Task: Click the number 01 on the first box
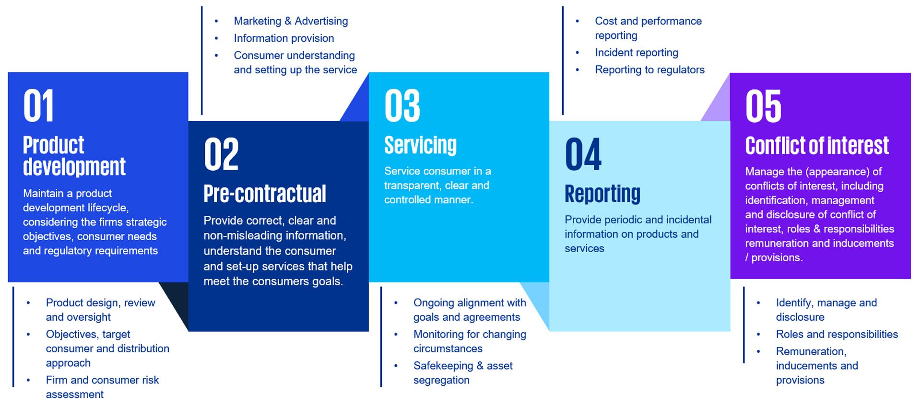click(38, 106)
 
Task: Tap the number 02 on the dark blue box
click(221, 154)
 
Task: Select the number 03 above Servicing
click(402, 106)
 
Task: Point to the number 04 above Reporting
click(583, 154)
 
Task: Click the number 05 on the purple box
click(763, 106)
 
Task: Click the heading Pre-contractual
click(265, 194)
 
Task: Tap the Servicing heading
click(420, 145)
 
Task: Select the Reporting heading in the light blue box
click(602, 194)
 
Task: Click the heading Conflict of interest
click(817, 146)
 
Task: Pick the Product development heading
click(74, 156)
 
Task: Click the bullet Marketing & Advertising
click(291, 21)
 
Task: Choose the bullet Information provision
click(283, 38)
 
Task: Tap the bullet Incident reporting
click(636, 53)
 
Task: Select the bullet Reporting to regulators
click(649, 70)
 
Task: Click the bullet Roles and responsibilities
click(837, 335)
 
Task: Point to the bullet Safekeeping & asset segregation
click(462, 373)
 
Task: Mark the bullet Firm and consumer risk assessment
click(102, 387)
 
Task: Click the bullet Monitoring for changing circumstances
click(469, 341)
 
